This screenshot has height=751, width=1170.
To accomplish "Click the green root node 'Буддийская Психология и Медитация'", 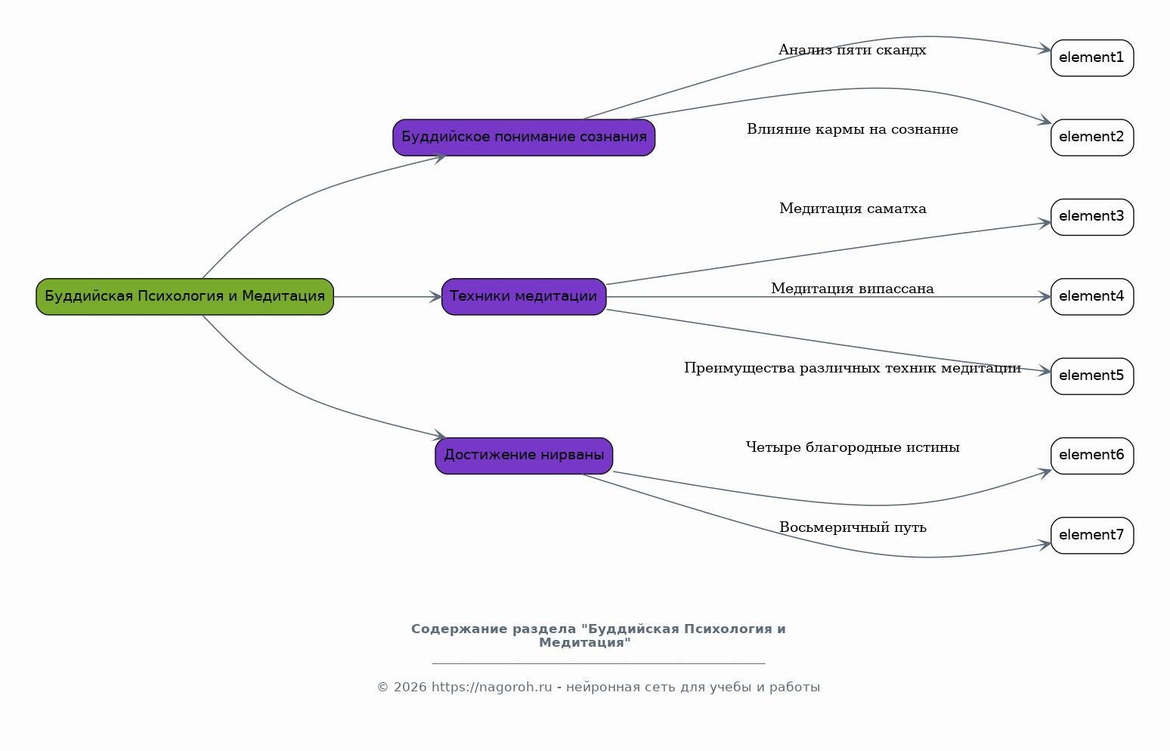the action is [x=185, y=297].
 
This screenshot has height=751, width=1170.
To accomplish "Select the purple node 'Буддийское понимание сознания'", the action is [x=524, y=138].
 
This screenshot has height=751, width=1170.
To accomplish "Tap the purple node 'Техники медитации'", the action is [x=524, y=297].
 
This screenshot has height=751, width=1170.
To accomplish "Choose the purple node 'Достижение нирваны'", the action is [x=524, y=456].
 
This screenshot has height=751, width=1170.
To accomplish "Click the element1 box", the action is [x=1092, y=58].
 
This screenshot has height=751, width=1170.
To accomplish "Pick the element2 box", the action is [x=1092, y=138].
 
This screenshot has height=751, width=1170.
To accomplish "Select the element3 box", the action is [x=1092, y=218].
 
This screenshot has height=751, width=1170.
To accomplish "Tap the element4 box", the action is [x=1092, y=297].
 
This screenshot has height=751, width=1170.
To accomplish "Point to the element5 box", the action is [x=1092, y=376].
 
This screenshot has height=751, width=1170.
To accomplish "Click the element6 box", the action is [x=1092, y=456].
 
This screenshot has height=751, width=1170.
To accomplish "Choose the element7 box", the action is [x=1092, y=536].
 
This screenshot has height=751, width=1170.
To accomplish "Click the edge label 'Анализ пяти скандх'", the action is [x=853, y=50].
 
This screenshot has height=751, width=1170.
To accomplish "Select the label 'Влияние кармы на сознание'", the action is [x=853, y=129].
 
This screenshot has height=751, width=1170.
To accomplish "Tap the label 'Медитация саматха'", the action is [x=853, y=209].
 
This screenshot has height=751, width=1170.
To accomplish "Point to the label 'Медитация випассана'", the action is [x=853, y=289].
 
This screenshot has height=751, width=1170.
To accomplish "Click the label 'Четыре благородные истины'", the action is [x=853, y=447].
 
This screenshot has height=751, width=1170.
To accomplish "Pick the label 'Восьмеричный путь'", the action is [x=853, y=527].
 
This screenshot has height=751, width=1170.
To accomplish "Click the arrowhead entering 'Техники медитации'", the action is [x=435, y=297].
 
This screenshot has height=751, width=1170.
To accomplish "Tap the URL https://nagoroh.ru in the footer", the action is [x=491, y=688].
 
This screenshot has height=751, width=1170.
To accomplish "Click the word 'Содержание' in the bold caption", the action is [x=460, y=629].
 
